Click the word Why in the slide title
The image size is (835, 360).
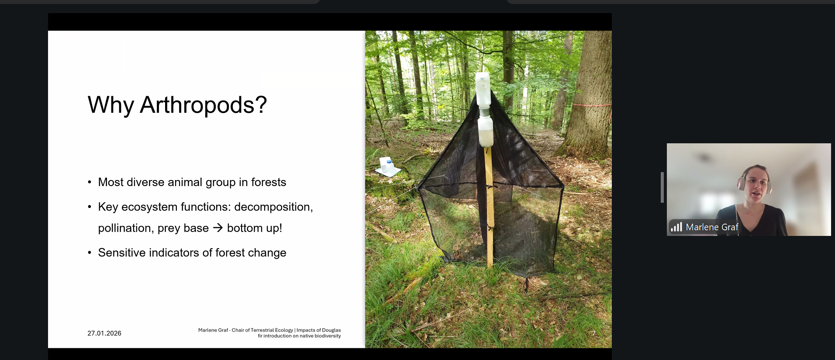(110, 105)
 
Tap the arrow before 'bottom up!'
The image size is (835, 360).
(218, 228)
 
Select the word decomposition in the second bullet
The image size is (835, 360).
(273, 207)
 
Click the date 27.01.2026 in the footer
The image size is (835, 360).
(104, 333)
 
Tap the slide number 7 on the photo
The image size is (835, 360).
(593, 333)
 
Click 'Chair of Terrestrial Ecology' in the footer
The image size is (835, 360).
(262, 330)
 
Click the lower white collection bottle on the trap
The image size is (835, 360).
(486, 132)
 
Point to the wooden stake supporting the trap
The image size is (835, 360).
(489, 205)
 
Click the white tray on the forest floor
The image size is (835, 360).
(387, 167)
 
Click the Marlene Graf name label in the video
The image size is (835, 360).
(712, 227)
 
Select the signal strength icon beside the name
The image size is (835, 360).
(676, 227)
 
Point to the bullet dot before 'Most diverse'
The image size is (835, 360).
(90, 182)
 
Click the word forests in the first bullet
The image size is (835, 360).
(269, 182)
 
